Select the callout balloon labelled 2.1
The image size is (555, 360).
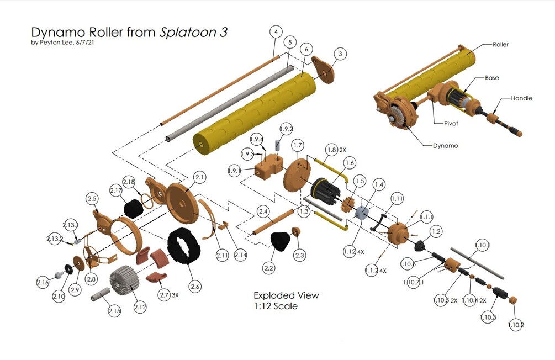pyautogui.click(x=199, y=177)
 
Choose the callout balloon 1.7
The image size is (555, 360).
pyautogui.click(x=298, y=145)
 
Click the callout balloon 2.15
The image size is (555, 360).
pyautogui.click(x=114, y=311)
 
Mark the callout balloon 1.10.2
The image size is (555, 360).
pyautogui.click(x=516, y=325)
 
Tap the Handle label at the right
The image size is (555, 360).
pyautogui.click(x=521, y=98)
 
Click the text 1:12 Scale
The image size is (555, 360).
pyautogui.click(x=275, y=306)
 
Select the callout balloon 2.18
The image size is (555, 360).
pyautogui.click(x=129, y=182)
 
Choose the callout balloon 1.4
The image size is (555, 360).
pyautogui.click(x=379, y=184)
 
